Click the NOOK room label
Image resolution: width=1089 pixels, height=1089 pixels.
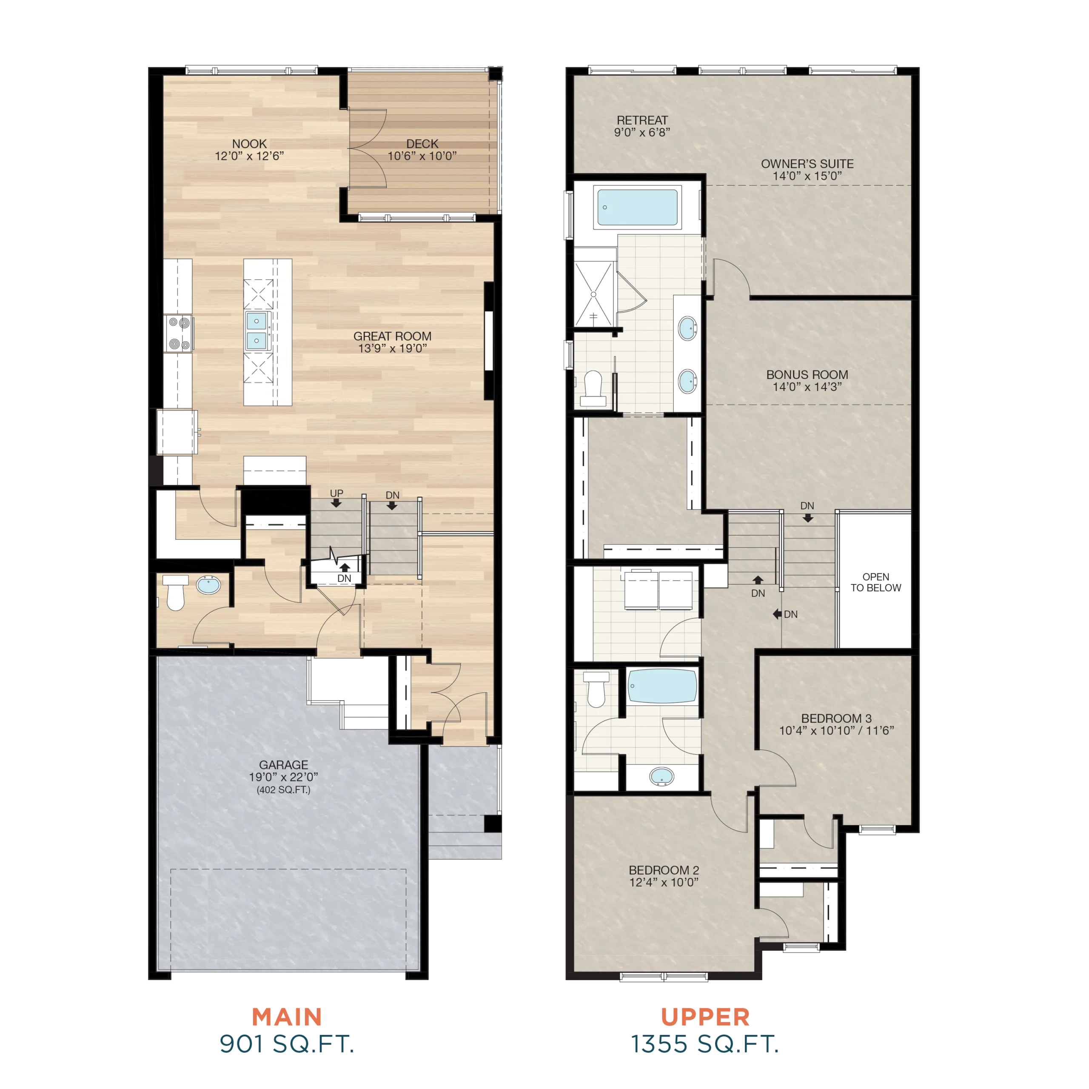249,144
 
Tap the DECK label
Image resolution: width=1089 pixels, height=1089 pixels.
422,144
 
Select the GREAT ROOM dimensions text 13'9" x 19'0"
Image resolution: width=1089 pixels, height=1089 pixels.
392,348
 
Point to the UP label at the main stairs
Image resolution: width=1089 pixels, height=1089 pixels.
336,493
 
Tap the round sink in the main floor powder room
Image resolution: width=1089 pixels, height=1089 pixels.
208,584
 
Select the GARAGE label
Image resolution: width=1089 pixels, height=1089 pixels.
284,764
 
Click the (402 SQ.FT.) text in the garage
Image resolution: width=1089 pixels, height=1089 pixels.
284,790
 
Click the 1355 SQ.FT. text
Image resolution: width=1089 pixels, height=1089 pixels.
704,1044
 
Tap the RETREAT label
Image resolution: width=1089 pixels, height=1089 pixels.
642,120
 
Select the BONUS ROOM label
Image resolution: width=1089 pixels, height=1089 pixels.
807,374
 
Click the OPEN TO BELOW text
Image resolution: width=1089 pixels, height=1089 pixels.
875,582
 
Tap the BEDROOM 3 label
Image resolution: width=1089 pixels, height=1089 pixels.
836,718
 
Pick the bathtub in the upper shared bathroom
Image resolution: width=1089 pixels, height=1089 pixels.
662,686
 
